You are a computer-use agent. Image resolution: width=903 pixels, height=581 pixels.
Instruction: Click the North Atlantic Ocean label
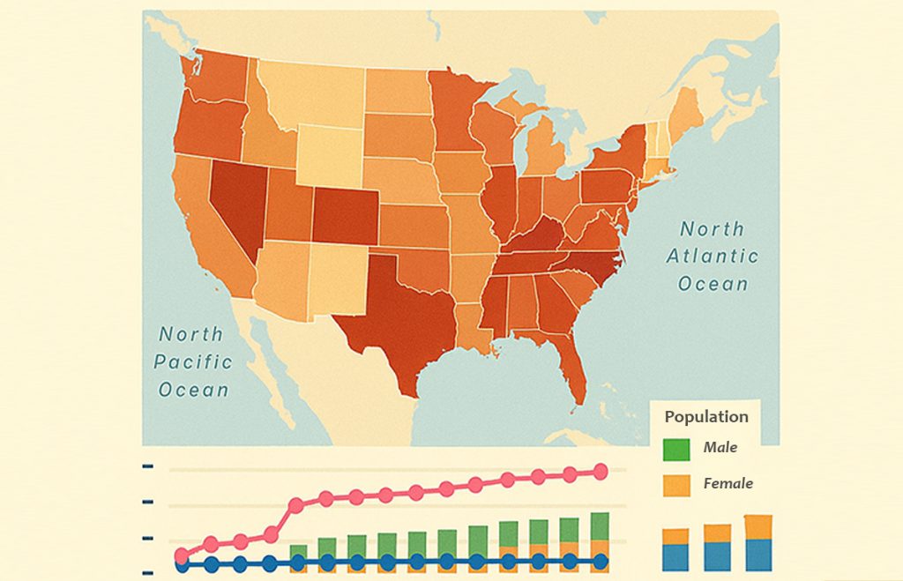click(x=712, y=257)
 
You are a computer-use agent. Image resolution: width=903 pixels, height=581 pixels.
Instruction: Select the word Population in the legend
click(x=705, y=417)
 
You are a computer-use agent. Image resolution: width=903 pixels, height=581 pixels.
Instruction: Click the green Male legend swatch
click(x=676, y=448)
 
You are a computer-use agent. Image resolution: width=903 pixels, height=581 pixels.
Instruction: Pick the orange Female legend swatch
click(x=676, y=484)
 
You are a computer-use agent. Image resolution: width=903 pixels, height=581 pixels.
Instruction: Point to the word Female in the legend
click(x=728, y=483)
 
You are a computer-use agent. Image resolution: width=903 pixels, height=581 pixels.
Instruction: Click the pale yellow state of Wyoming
click(x=328, y=153)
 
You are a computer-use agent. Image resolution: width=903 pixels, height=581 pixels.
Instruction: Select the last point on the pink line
click(x=601, y=472)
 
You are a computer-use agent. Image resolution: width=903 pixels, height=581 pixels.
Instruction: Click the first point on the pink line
click(x=182, y=555)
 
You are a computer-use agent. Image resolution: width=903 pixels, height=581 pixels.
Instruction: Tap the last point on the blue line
click(x=601, y=561)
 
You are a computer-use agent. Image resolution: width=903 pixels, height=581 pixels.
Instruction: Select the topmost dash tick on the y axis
click(x=147, y=466)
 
